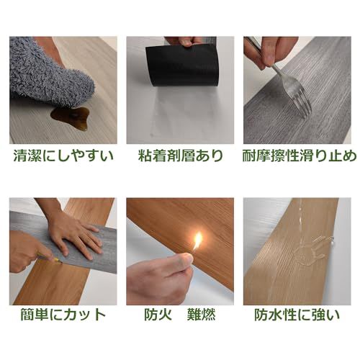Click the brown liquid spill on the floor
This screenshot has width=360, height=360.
coord(70,118)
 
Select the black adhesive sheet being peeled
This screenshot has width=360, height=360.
coord(183,66)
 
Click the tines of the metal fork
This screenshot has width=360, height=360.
coord(300,102)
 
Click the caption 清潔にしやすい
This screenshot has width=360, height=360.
coord(63,156)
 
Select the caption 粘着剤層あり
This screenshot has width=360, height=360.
coord(181,156)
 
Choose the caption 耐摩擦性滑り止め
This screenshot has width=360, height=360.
coord(298,156)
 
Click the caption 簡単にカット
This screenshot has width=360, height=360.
coord(63,315)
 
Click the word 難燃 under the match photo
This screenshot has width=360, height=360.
coord(201,315)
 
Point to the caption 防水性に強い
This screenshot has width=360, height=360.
coord(297,315)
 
